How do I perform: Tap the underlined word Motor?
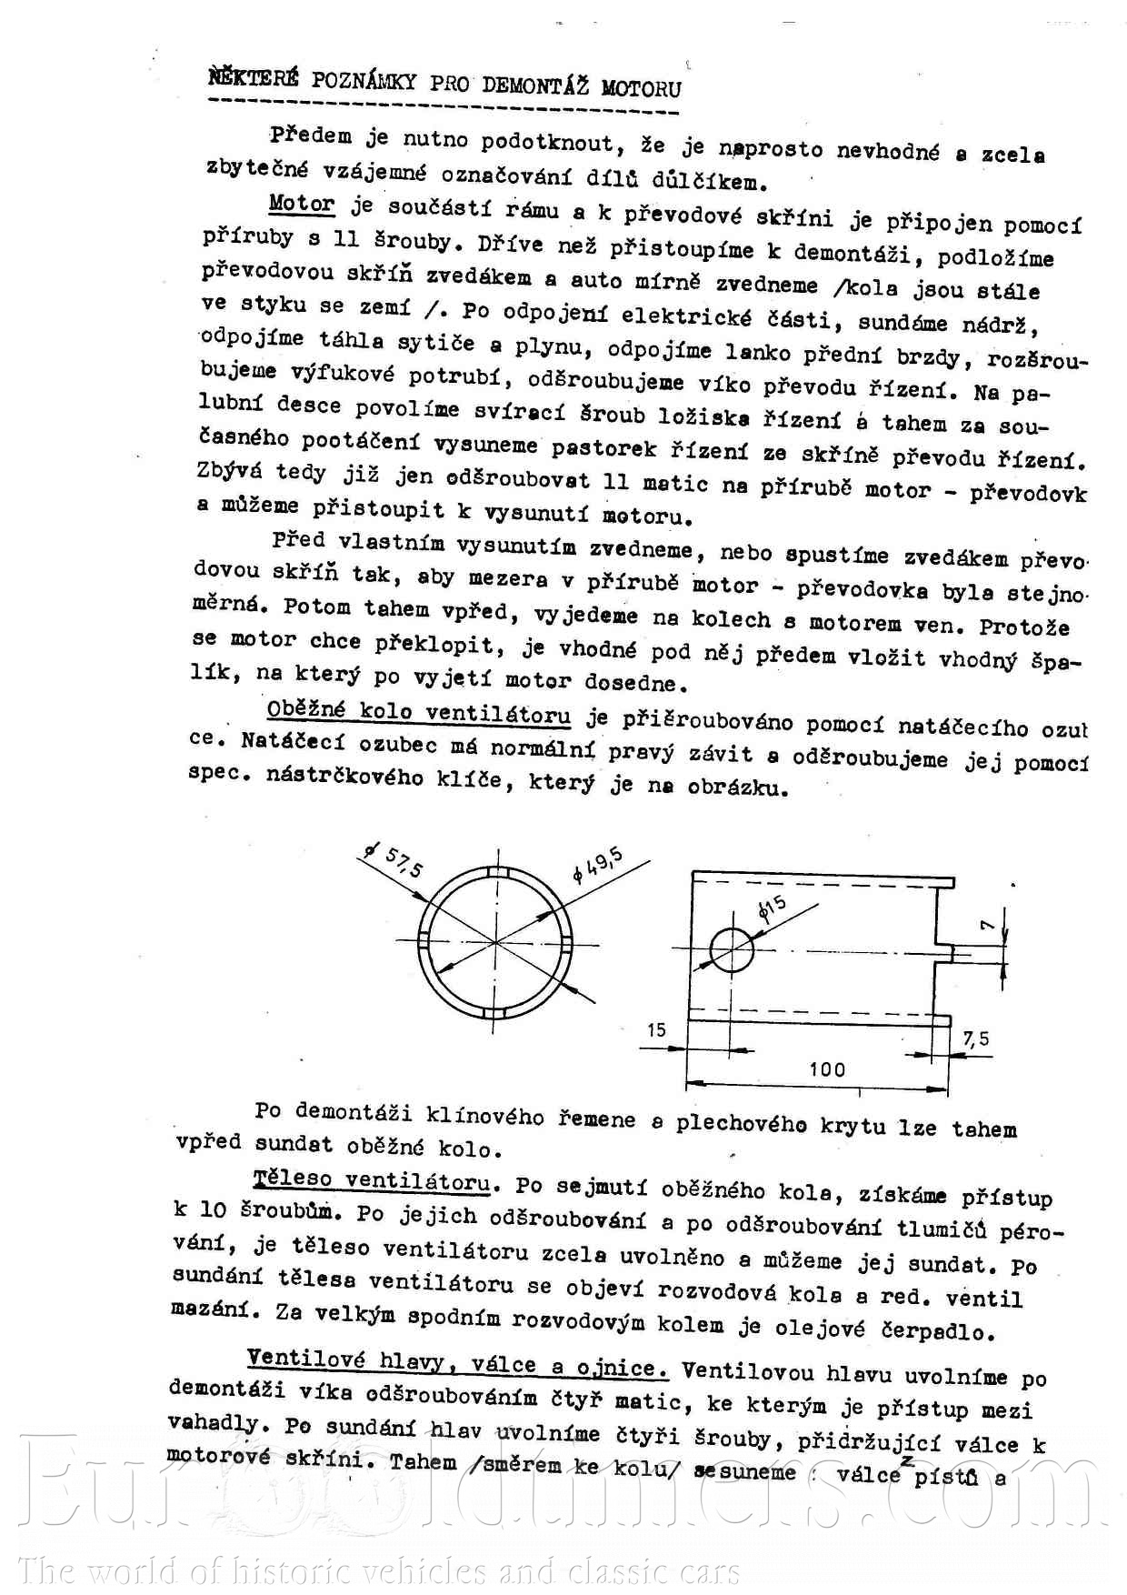tap(302, 205)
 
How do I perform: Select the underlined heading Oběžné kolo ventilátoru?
tap(419, 712)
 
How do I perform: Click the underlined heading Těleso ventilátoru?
tap(372, 1181)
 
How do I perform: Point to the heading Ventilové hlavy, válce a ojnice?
tap(457, 1363)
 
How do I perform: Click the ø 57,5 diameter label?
tap(394, 859)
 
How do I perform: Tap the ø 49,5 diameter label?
tap(597, 865)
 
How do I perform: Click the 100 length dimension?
tap(827, 1069)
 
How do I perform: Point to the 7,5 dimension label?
tap(976, 1038)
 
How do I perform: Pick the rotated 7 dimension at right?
tap(988, 925)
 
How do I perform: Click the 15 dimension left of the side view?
tap(656, 1029)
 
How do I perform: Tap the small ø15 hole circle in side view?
tap(732, 951)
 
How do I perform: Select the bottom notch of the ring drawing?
tap(496, 1013)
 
